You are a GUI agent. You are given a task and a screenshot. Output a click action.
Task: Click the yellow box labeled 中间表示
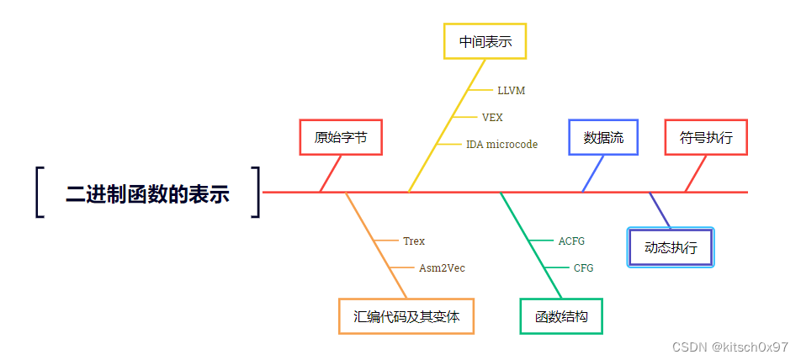pos(485,41)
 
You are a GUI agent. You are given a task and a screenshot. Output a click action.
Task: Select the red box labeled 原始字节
pos(341,138)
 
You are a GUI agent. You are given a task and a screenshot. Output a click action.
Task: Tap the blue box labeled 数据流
pos(603,138)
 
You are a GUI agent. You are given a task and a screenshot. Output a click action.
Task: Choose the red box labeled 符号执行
pos(706,138)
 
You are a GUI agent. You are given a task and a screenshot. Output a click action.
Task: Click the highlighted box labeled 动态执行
pos(671,247)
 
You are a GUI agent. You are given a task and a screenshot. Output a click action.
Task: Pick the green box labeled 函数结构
pos(561,317)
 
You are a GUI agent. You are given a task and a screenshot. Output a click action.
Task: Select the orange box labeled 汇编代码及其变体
pos(406,317)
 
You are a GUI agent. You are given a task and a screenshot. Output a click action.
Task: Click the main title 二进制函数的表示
pos(147,193)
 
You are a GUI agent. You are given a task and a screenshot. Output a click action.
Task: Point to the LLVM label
pos(511,90)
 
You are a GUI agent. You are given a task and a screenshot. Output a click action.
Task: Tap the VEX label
pos(492,117)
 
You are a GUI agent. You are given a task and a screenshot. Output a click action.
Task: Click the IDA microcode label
pos(501,145)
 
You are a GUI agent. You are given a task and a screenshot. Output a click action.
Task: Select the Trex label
pos(414,241)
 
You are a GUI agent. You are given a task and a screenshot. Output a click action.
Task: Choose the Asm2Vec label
pos(442,268)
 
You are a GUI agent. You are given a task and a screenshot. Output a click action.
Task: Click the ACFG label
pos(571,241)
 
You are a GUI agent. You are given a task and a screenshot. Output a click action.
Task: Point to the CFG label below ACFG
pos(583,268)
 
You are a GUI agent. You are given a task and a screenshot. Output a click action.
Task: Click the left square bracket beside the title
pos(40,193)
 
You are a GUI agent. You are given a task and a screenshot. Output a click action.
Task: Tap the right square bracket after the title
pos(256,193)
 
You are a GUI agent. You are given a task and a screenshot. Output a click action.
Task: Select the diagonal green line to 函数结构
pos(530,244)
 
